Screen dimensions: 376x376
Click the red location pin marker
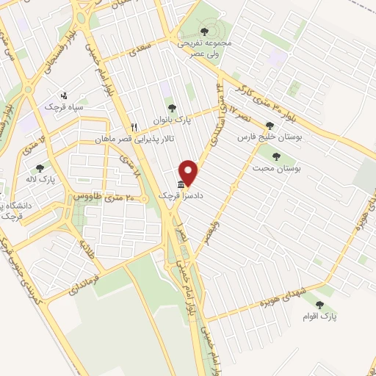point(189,172)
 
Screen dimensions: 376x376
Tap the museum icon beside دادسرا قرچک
point(181,185)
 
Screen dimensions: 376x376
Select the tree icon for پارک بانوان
point(172,108)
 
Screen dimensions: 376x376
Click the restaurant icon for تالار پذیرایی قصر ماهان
point(134,126)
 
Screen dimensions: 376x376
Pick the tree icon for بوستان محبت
point(276,156)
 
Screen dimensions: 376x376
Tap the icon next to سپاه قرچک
point(64,95)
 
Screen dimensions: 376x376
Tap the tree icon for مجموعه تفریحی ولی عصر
point(204,32)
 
